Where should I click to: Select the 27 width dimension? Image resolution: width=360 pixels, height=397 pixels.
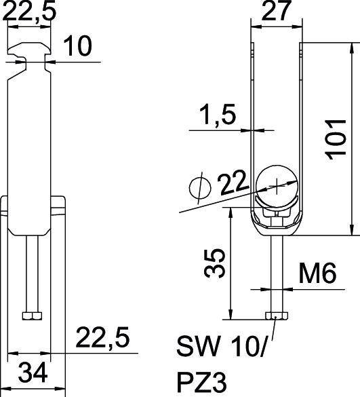pos(275,12)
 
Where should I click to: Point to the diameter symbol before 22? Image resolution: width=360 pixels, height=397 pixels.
pos(197,186)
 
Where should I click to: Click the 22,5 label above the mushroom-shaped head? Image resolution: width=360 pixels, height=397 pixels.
pos(30,12)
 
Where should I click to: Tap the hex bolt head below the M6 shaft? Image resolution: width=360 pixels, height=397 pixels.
pos(275,316)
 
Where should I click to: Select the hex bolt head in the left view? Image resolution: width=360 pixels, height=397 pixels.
pos(31,316)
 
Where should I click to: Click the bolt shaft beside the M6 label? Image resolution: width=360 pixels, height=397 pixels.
pos(275,271)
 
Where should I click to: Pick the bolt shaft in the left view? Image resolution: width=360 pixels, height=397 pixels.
pos(31,271)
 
